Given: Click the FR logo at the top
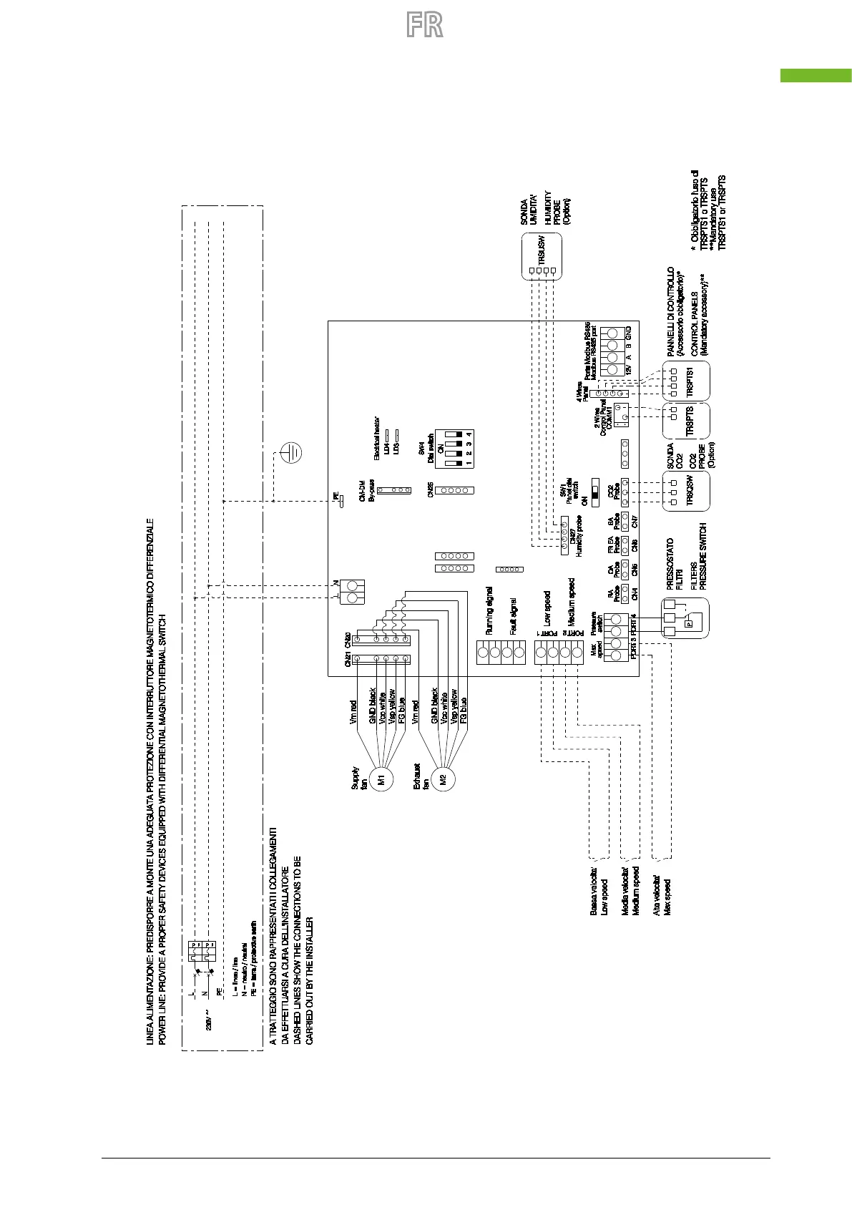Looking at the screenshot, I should click(x=425, y=25).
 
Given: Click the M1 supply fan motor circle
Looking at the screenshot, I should click(x=381, y=779).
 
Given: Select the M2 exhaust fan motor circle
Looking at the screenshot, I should click(x=443, y=779).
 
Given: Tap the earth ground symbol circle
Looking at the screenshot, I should click(x=290, y=453).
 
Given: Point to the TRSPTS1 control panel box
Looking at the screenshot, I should click(x=687, y=381).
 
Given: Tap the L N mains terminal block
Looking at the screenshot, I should click(x=352, y=591).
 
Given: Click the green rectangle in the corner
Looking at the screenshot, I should click(x=816, y=75).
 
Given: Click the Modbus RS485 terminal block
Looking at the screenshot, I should click(x=612, y=351).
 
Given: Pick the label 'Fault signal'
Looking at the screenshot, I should click(x=513, y=616).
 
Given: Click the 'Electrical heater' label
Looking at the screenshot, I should click(x=377, y=438).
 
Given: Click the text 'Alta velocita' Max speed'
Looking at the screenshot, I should click(x=662, y=898).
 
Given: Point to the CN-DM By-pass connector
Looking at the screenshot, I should click(x=393, y=491).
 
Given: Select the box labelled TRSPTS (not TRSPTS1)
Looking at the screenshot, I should click(x=687, y=421).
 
